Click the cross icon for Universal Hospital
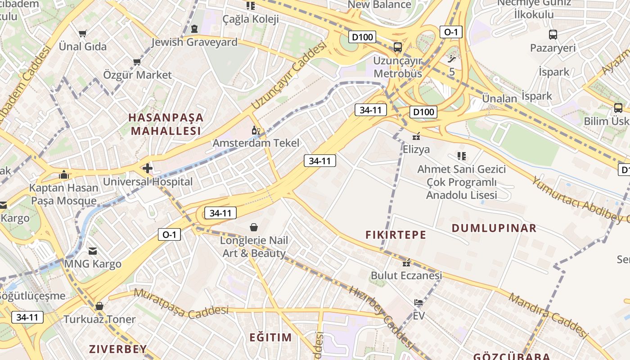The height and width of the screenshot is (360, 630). [x=148, y=169]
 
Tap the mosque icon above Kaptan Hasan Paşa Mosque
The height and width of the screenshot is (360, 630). [x=64, y=175]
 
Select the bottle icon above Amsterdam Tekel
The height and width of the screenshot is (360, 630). [x=256, y=130]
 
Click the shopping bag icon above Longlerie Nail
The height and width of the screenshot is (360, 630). [x=254, y=227]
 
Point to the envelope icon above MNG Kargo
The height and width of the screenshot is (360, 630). [x=93, y=251]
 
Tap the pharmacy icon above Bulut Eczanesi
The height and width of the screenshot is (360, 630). [x=406, y=262]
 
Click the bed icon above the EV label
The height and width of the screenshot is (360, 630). [x=418, y=302]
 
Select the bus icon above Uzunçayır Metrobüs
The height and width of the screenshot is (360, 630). [x=397, y=47]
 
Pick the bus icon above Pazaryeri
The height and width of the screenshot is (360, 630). [x=553, y=35]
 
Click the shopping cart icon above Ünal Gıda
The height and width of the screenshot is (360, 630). [x=82, y=33]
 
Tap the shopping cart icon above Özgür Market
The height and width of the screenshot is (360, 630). [x=137, y=62]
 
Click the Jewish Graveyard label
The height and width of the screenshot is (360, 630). [x=194, y=42]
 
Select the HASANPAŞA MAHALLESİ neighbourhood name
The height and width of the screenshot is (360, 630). [x=166, y=124]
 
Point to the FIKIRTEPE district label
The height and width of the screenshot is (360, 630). [x=396, y=234]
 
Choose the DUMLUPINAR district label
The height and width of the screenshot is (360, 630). [x=494, y=228]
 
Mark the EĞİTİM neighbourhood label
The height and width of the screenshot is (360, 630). [x=271, y=337]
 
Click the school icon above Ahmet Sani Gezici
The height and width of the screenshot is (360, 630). [x=461, y=156]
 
